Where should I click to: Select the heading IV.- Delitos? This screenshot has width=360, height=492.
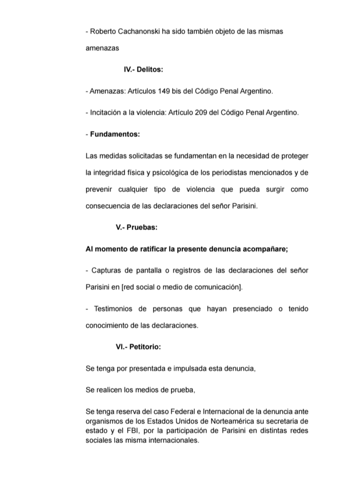(x=144, y=70)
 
